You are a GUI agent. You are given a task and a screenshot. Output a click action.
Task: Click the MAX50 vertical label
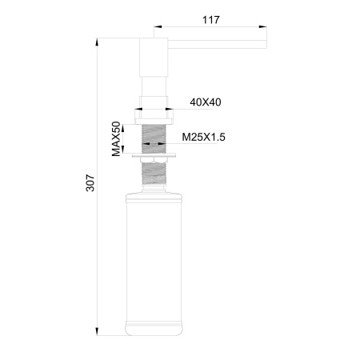click(x=117, y=138)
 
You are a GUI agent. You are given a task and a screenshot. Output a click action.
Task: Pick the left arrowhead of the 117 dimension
click(x=156, y=27)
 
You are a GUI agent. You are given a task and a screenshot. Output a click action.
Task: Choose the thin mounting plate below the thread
click(x=154, y=153)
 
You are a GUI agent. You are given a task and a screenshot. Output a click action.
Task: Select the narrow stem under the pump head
click(x=154, y=86)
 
